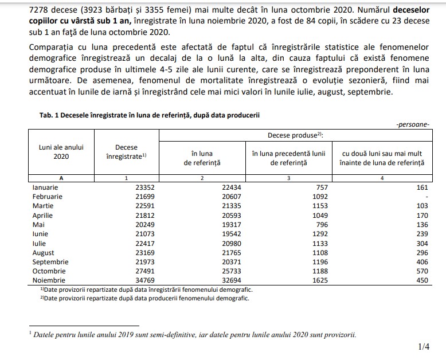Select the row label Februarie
point(48,197)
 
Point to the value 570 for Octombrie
point(421,271)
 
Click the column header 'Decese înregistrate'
point(126,152)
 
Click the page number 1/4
point(424,346)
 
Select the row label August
point(44,252)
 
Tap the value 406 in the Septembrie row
point(421,261)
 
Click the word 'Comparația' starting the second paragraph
point(53,46)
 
